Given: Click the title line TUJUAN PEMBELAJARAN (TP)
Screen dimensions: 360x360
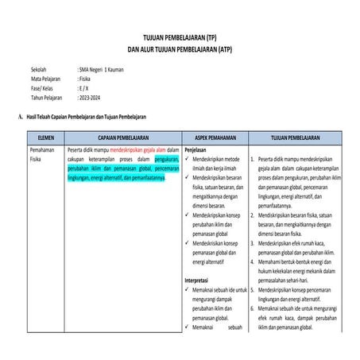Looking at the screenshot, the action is point(180,38).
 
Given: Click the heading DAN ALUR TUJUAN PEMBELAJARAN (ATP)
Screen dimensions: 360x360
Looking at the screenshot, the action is point(180,48).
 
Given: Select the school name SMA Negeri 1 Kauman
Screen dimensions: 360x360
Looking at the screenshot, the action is point(101,70).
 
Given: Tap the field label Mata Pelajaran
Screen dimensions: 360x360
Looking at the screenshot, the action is point(47,79).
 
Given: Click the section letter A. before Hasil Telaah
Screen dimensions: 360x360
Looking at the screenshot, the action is point(19,117).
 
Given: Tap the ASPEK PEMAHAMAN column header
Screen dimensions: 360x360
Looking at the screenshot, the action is point(214,137).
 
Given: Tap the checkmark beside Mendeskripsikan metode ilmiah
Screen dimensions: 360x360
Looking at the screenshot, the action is point(188,159).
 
